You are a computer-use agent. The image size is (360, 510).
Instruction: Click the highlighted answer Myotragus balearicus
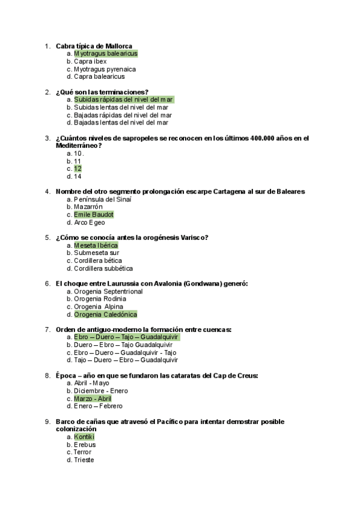105,54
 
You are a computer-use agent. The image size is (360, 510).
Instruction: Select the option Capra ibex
90,61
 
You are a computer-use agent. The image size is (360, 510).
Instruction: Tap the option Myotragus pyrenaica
105,69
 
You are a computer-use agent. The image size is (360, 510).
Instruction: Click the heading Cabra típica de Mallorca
94,46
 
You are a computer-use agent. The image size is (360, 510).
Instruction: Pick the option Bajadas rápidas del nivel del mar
123,115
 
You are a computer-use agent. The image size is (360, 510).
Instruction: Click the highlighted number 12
78,168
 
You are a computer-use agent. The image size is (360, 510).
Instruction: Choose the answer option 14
78,176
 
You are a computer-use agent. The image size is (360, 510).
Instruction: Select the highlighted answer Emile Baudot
93,215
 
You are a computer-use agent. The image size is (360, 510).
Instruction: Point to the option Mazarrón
88,207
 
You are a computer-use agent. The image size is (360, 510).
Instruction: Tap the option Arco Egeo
89,223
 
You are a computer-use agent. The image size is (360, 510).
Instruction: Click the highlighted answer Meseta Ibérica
96,245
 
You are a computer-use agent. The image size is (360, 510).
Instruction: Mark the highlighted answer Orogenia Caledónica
105,314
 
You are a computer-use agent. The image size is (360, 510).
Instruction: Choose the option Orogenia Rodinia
100,299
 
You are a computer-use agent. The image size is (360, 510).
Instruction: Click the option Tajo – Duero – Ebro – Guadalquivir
126,360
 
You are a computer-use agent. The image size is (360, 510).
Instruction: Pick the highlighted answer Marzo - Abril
93,398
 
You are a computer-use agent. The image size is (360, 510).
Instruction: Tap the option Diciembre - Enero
100,391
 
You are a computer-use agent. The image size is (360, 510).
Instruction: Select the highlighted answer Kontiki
84,437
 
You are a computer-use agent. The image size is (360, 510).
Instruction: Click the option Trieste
84,460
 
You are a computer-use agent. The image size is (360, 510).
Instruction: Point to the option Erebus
85,444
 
